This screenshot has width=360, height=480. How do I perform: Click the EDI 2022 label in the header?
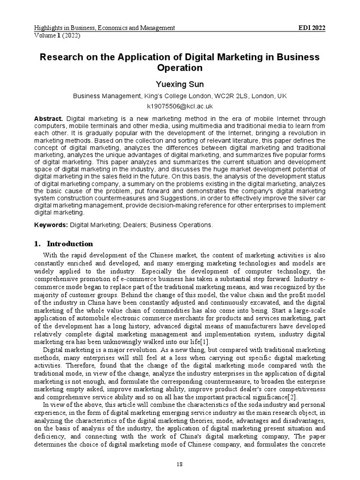click(x=312, y=28)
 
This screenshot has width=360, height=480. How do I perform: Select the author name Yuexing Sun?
click(x=180, y=84)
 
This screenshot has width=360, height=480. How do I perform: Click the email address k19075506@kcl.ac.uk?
click(x=180, y=106)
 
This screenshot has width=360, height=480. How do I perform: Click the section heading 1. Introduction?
click(x=64, y=244)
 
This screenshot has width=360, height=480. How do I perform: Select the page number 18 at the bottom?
click(x=180, y=464)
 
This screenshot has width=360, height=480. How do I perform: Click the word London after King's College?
click(x=216, y=96)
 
